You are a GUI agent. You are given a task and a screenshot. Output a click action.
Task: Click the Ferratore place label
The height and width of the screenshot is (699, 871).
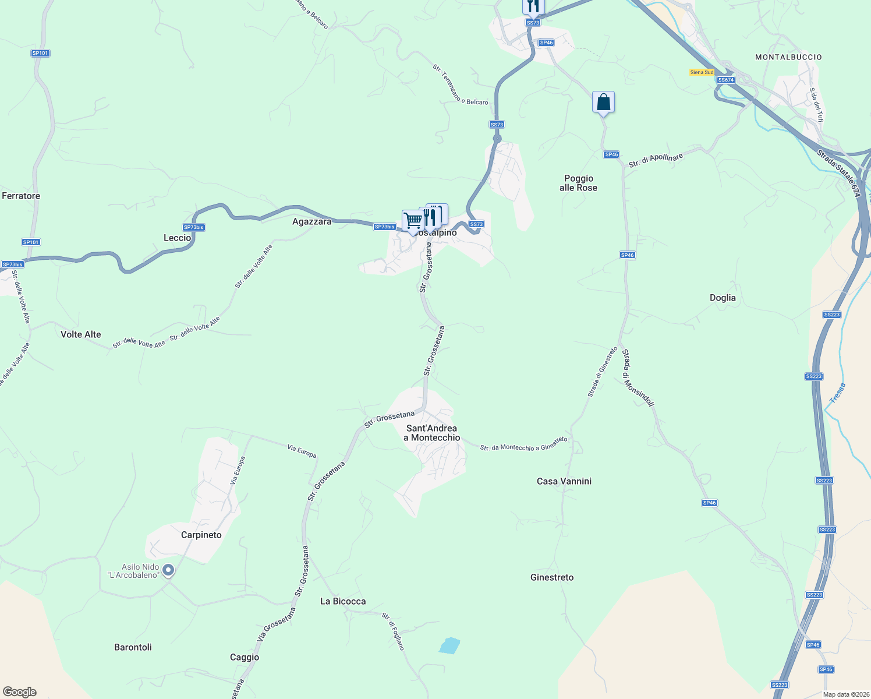(x=21, y=196)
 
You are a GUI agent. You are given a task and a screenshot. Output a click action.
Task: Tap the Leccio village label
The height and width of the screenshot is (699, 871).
(x=177, y=238)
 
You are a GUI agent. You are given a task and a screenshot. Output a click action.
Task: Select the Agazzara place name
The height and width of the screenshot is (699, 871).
(x=311, y=221)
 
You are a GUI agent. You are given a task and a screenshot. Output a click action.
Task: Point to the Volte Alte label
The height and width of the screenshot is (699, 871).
(x=81, y=334)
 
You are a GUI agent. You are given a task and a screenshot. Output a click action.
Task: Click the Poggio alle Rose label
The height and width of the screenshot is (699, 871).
(x=578, y=183)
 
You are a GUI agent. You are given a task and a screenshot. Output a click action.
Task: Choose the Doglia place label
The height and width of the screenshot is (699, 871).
(x=723, y=298)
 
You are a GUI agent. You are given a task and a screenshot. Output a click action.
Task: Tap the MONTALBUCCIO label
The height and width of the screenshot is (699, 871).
(x=788, y=57)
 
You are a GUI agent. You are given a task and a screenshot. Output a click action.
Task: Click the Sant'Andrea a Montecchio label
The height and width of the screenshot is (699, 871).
(x=431, y=433)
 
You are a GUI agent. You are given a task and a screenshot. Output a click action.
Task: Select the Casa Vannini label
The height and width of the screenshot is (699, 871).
(x=564, y=481)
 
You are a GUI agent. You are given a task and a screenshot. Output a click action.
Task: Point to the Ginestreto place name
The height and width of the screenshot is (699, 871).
(x=552, y=577)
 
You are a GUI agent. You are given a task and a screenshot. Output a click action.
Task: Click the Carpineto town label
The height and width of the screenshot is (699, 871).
(x=201, y=535)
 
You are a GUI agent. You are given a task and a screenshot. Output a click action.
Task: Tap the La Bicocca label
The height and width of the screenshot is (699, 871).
(x=343, y=601)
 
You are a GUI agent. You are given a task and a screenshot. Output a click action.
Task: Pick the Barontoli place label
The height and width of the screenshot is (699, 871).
(x=133, y=647)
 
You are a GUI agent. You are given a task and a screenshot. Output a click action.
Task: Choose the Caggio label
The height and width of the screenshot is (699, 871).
(x=245, y=657)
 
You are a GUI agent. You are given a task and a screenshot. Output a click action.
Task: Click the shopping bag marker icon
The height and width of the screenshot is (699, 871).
(x=603, y=103)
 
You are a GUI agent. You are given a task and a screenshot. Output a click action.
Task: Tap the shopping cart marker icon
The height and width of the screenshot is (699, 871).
(x=412, y=221)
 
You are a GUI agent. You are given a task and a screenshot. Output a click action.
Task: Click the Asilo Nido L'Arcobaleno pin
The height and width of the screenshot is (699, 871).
(x=168, y=570)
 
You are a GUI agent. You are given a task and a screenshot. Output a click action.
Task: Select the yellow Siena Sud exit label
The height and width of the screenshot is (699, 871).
(x=701, y=72)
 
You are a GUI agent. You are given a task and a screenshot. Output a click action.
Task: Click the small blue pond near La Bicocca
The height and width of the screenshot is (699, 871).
(x=449, y=645)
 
